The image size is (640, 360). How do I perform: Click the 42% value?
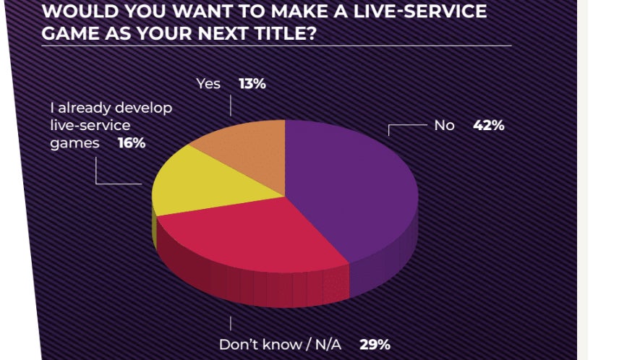[489, 125]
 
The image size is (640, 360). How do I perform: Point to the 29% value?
[375, 344]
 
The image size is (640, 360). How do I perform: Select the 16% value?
[132, 143]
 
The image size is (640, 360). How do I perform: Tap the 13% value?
[252, 84]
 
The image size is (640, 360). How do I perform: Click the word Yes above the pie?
[208, 84]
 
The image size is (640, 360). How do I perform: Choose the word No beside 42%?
[444, 125]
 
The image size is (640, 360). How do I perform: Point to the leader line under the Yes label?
[231, 106]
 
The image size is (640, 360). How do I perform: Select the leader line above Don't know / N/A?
[231, 323]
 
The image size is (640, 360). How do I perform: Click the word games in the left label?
[74, 143]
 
